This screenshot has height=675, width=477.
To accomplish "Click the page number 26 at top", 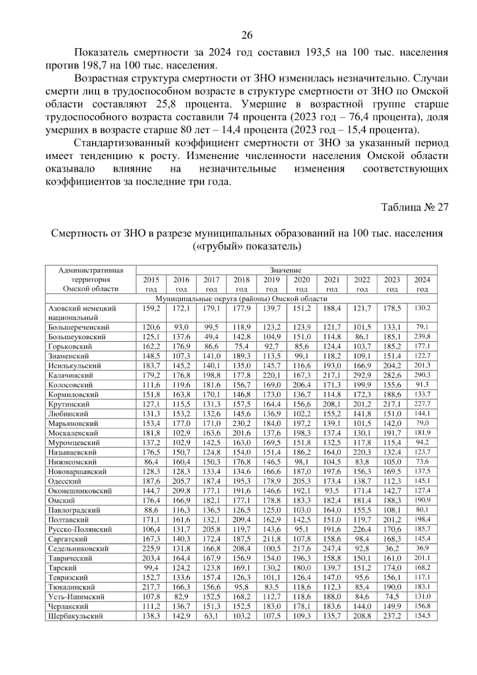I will [x=247, y=35].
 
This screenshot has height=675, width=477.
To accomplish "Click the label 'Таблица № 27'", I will [x=415, y=207].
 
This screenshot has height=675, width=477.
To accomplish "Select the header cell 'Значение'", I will [x=285, y=270].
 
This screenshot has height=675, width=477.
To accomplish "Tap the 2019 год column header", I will [x=272, y=284].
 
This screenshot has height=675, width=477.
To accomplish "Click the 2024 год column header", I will [x=422, y=284].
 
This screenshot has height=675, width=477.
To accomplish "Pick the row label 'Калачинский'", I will [x=71, y=375].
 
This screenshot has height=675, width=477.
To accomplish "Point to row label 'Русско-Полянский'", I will [x=80, y=529].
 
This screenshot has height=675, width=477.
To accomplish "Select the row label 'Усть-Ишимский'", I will [x=76, y=597].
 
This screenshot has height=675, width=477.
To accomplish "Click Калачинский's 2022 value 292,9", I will [x=362, y=375].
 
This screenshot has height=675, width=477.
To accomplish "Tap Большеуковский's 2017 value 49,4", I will [x=211, y=337].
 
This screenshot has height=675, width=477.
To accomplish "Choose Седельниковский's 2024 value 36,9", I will [x=422, y=548].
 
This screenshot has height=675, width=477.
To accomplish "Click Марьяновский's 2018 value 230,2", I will [x=242, y=423].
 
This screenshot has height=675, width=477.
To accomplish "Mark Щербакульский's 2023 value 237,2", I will [x=392, y=616].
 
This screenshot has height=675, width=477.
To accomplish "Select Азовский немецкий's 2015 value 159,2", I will [x=151, y=308].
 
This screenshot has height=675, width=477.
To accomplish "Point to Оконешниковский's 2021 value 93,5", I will [x=332, y=491].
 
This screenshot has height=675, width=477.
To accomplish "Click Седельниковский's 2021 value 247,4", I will [x=332, y=548].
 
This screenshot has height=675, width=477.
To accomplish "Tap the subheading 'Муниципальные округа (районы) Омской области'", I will [x=241, y=298].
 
